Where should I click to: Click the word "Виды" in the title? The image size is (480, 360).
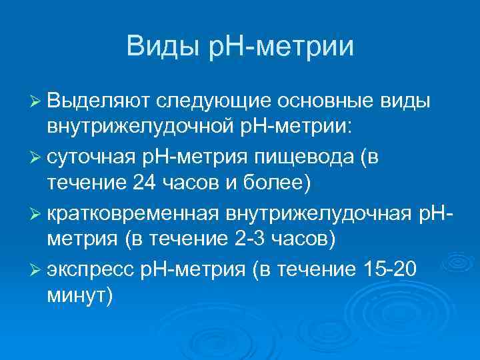(159, 47)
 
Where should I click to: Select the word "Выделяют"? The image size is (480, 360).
(97, 101)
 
